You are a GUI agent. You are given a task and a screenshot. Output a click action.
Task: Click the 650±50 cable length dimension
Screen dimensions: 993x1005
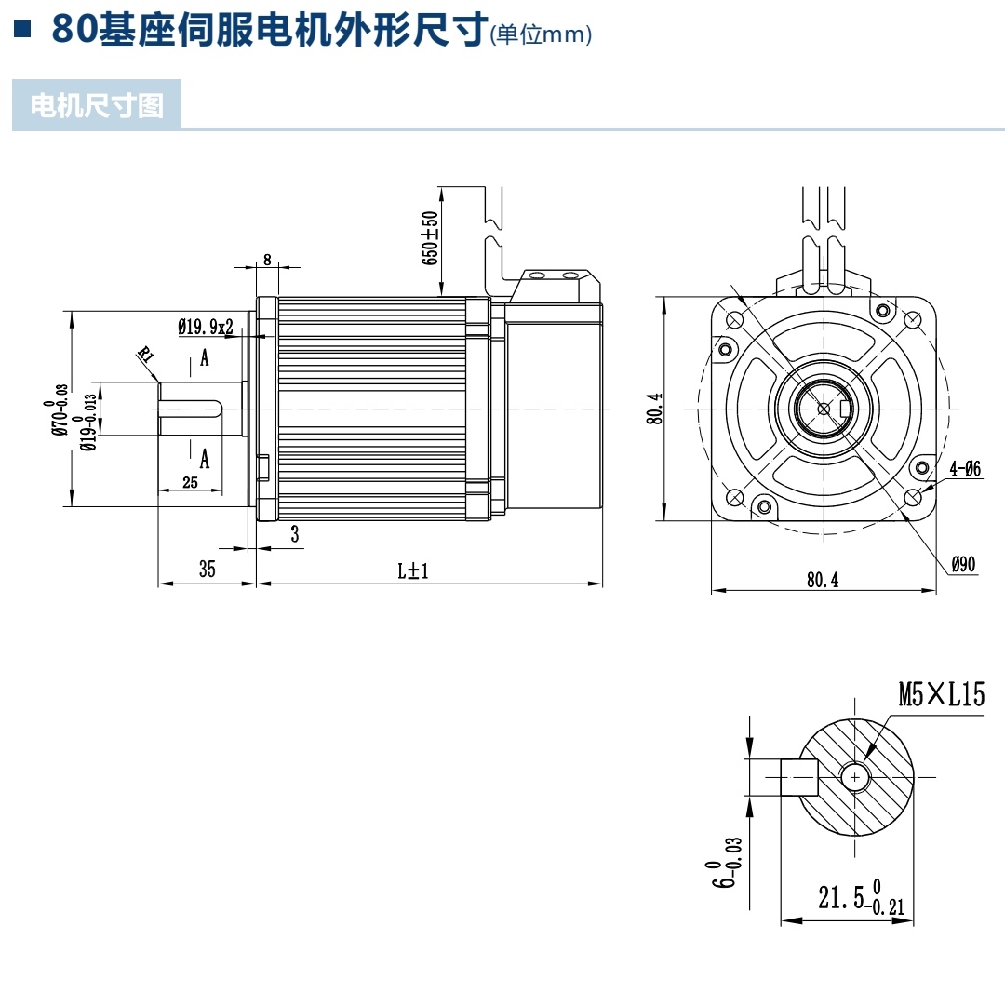point(430,238)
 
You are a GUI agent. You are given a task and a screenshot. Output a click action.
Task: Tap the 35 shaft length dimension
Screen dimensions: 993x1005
point(207,570)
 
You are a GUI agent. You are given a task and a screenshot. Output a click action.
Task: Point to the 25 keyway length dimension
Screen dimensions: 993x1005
point(190,483)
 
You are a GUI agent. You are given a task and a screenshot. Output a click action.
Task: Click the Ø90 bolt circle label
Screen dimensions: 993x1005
point(963,564)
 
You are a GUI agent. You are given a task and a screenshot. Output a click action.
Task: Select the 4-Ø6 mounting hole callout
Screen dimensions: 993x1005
point(965,470)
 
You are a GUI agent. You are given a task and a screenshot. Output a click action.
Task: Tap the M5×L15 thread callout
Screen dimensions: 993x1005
point(941,694)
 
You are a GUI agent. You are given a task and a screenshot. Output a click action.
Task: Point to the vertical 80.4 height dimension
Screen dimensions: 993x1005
point(655,409)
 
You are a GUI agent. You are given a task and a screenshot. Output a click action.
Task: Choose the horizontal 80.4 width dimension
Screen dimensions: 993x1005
point(823,579)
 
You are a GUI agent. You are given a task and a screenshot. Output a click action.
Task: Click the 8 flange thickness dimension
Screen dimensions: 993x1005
point(267,260)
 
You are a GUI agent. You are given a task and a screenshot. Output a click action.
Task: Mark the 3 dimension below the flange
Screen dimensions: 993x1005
point(294,534)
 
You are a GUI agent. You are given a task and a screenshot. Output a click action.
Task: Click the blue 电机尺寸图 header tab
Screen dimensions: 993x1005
point(97,105)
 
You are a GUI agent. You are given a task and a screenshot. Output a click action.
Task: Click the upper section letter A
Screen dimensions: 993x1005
point(205,359)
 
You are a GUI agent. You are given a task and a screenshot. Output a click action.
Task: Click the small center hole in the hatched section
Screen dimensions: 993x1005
point(853,776)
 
